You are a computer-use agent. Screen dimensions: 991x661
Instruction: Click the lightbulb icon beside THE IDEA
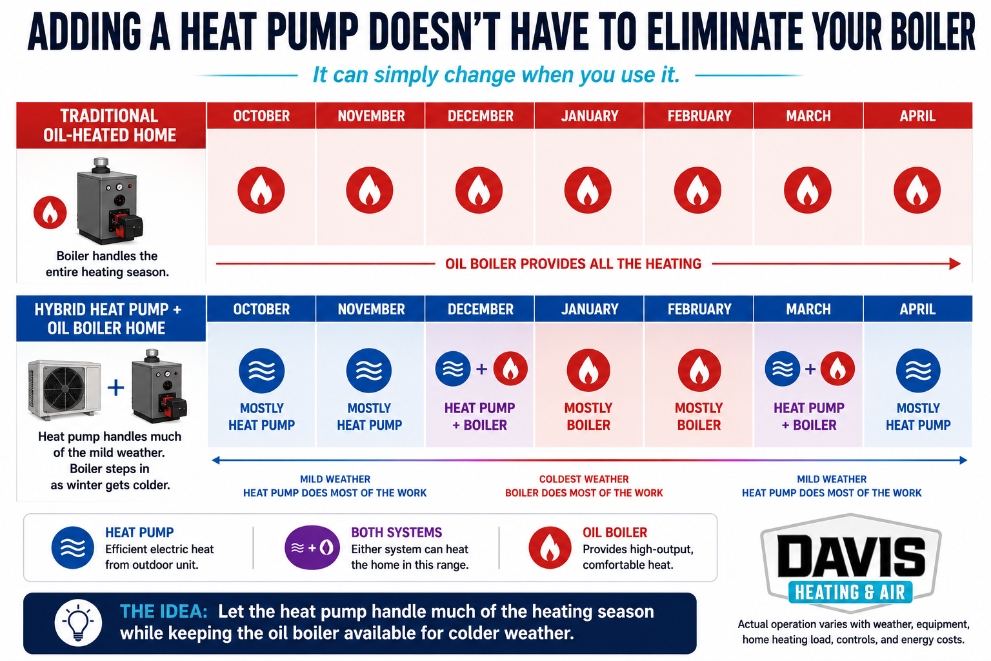(78, 622)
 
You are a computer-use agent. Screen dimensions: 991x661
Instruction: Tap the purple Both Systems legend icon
(312, 547)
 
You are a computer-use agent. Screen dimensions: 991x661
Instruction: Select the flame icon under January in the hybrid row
(588, 370)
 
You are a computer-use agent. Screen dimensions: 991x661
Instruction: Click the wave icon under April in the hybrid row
(918, 371)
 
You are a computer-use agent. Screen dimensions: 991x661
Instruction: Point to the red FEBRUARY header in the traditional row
(699, 116)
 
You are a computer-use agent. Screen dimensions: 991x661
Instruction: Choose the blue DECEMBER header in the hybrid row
(480, 309)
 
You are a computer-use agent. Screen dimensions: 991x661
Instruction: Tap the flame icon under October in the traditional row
(261, 190)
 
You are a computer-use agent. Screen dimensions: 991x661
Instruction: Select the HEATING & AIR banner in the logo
(850, 593)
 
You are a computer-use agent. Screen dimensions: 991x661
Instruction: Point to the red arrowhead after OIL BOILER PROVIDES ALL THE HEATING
(955, 264)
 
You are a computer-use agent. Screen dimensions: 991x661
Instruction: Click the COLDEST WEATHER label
(583, 479)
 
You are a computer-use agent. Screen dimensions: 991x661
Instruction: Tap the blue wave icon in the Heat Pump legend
(72, 547)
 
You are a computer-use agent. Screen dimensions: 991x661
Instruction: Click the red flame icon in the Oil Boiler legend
(550, 547)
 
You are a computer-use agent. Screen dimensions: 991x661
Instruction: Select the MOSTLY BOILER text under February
(699, 416)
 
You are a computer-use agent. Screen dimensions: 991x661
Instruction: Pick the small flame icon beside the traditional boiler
(50, 212)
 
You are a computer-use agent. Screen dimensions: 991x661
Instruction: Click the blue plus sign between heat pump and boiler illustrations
(116, 388)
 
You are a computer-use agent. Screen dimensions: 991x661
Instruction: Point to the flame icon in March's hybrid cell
(837, 369)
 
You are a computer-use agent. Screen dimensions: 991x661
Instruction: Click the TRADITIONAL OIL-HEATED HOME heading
(110, 125)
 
